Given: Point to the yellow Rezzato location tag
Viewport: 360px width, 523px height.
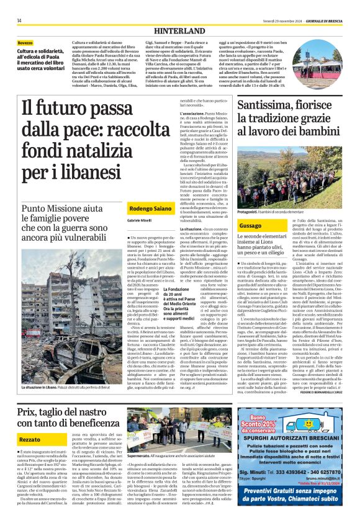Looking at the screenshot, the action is point(29,405).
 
